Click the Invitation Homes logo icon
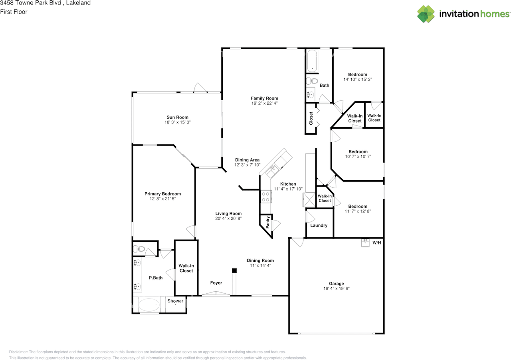(426, 14)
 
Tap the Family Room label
(264, 98)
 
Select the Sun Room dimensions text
(178, 122)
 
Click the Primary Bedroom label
(162, 194)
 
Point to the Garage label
(336, 284)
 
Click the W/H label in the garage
(376, 243)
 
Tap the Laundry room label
(319, 225)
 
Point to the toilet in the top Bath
(312, 82)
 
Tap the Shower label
(175, 301)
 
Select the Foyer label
(216, 283)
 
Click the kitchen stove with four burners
(265, 196)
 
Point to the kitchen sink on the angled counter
(273, 170)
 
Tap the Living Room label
(228, 213)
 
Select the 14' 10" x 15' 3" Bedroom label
(357, 74)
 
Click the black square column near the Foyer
(234, 270)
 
